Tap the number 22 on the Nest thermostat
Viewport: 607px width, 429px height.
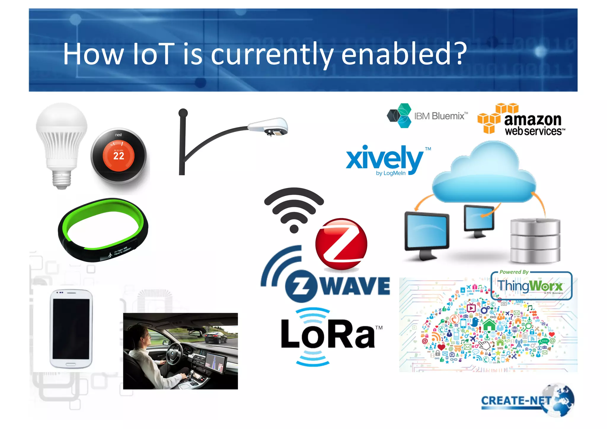pyautogui.click(x=119, y=156)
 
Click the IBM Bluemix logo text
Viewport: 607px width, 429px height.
pyautogui.click(x=440, y=116)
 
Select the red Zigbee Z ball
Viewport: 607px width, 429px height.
pyautogui.click(x=341, y=244)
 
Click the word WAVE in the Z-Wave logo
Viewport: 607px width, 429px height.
pyautogui.click(x=356, y=286)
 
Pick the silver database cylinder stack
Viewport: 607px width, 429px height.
pyautogui.click(x=535, y=240)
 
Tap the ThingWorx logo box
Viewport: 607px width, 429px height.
pyautogui.click(x=531, y=286)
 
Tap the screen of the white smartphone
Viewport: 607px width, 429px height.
pyautogui.click(x=71, y=328)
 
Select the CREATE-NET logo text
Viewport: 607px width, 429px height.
pyautogui.click(x=516, y=401)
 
